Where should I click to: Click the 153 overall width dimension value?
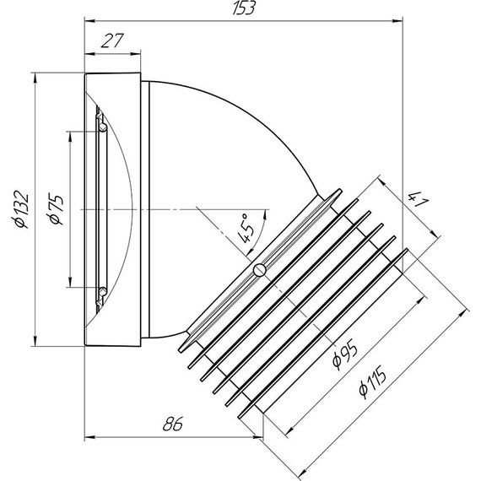point(244,8)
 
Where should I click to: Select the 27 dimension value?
point(112,41)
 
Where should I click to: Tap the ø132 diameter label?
point(22,209)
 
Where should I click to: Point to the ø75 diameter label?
point(56,208)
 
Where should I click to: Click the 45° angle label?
point(246,228)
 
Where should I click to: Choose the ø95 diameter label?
point(345,354)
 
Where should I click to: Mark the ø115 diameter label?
point(372,382)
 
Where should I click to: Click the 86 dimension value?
point(173,424)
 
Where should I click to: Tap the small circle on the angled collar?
point(260,270)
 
